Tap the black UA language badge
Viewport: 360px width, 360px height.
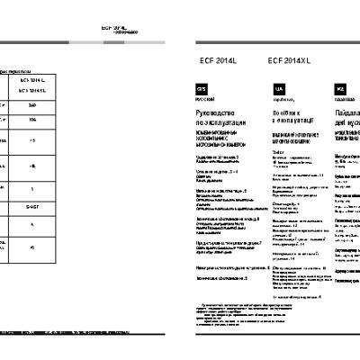pyautogui.click(x=280, y=90)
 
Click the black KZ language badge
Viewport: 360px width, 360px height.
pyautogui.click(x=340, y=90)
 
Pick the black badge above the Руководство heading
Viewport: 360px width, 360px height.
pyautogui.click(x=202, y=90)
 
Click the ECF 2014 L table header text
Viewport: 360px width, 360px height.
pyautogui.click(x=32, y=80)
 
